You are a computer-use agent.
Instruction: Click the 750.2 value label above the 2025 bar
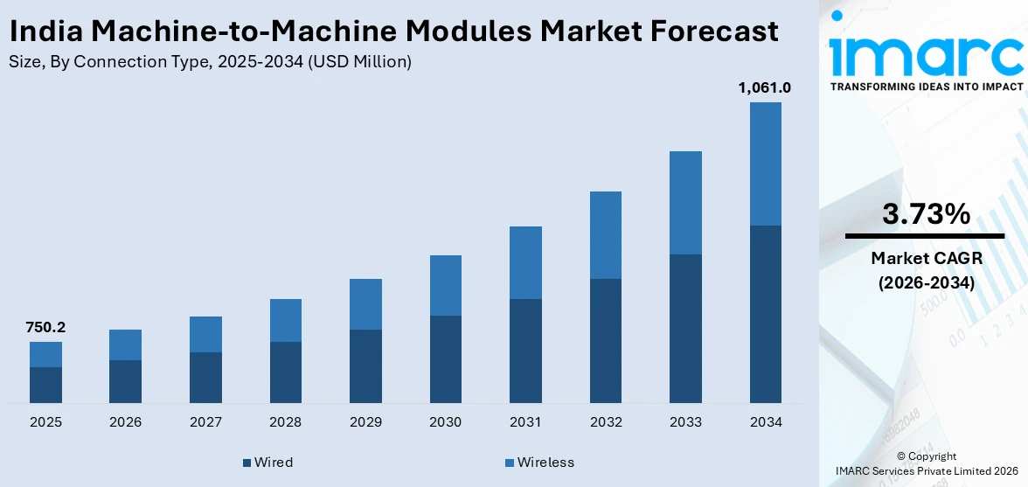pyautogui.click(x=45, y=328)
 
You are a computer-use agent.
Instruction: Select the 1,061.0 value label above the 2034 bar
pyautogui.click(x=765, y=87)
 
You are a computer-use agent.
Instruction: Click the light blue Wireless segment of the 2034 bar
pyautogui.click(x=766, y=163)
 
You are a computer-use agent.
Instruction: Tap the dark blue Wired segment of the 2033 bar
pyautogui.click(x=685, y=328)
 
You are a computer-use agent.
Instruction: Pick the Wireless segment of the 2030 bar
pyautogui.click(x=445, y=285)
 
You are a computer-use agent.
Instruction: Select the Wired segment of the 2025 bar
pyautogui.click(x=45, y=385)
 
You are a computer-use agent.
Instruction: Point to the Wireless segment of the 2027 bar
pyautogui.click(x=205, y=334)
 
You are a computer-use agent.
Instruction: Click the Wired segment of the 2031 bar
pyautogui.click(x=525, y=351)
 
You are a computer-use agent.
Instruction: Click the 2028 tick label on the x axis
pyautogui.click(x=286, y=422)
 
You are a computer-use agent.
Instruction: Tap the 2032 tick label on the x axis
pyautogui.click(x=606, y=422)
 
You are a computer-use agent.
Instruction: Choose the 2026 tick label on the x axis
pyautogui.click(x=126, y=422)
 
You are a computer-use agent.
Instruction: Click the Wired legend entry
pyautogui.click(x=267, y=462)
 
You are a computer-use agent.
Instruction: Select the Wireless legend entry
pyautogui.click(x=538, y=462)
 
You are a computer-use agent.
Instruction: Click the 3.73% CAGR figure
pyautogui.click(x=925, y=214)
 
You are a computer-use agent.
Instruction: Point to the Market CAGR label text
pyautogui.click(x=925, y=258)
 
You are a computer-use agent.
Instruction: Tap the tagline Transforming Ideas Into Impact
pyautogui.click(x=926, y=87)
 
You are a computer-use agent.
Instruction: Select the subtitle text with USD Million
pyautogui.click(x=210, y=62)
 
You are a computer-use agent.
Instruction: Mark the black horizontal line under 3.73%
pyautogui.click(x=925, y=236)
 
